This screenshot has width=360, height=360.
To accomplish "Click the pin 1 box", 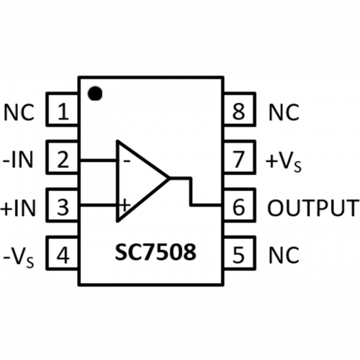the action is pyautogui.click(x=62, y=109).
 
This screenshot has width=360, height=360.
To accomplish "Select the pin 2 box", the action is pyautogui.click(x=62, y=157).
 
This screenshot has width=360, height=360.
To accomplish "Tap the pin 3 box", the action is pyautogui.click(x=62, y=205).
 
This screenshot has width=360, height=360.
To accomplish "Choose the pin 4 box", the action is pyautogui.click(x=62, y=253).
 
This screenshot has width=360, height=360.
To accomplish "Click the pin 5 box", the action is pyautogui.click(x=239, y=253).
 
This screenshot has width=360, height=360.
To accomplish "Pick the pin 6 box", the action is pyautogui.click(x=239, y=205).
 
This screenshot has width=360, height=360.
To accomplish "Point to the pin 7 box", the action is pyautogui.click(x=239, y=157).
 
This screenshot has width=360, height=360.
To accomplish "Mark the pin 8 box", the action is pyautogui.click(x=239, y=109).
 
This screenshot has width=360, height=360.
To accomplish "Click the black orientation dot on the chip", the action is pyautogui.click(x=95, y=93).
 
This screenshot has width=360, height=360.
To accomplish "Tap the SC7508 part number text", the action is pyautogui.click(x=156, y=252).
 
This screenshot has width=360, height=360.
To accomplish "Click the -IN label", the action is pyautogui.click(x=17, y=160).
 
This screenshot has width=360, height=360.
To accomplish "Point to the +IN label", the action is pyautogui.click(x=18, y=208).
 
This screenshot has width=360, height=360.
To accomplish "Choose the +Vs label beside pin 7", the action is pyautogui.click(x=284, y=162).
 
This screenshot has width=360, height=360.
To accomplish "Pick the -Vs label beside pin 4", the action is pyautogui.click(x=19, y=258).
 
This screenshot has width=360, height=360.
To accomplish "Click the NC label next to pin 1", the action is pyautogui.click(x=19, y=112).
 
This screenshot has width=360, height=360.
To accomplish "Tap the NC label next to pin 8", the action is pyautogui.click(x=284, y=112).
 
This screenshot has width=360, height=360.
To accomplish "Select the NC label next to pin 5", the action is pyautogui.click(x=284, y=256).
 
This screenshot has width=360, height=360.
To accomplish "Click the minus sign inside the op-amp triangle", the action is pyautogui.click(x=127, y=161).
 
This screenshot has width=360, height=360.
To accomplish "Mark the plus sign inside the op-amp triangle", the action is pyautogui.click(x=125, y=205).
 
